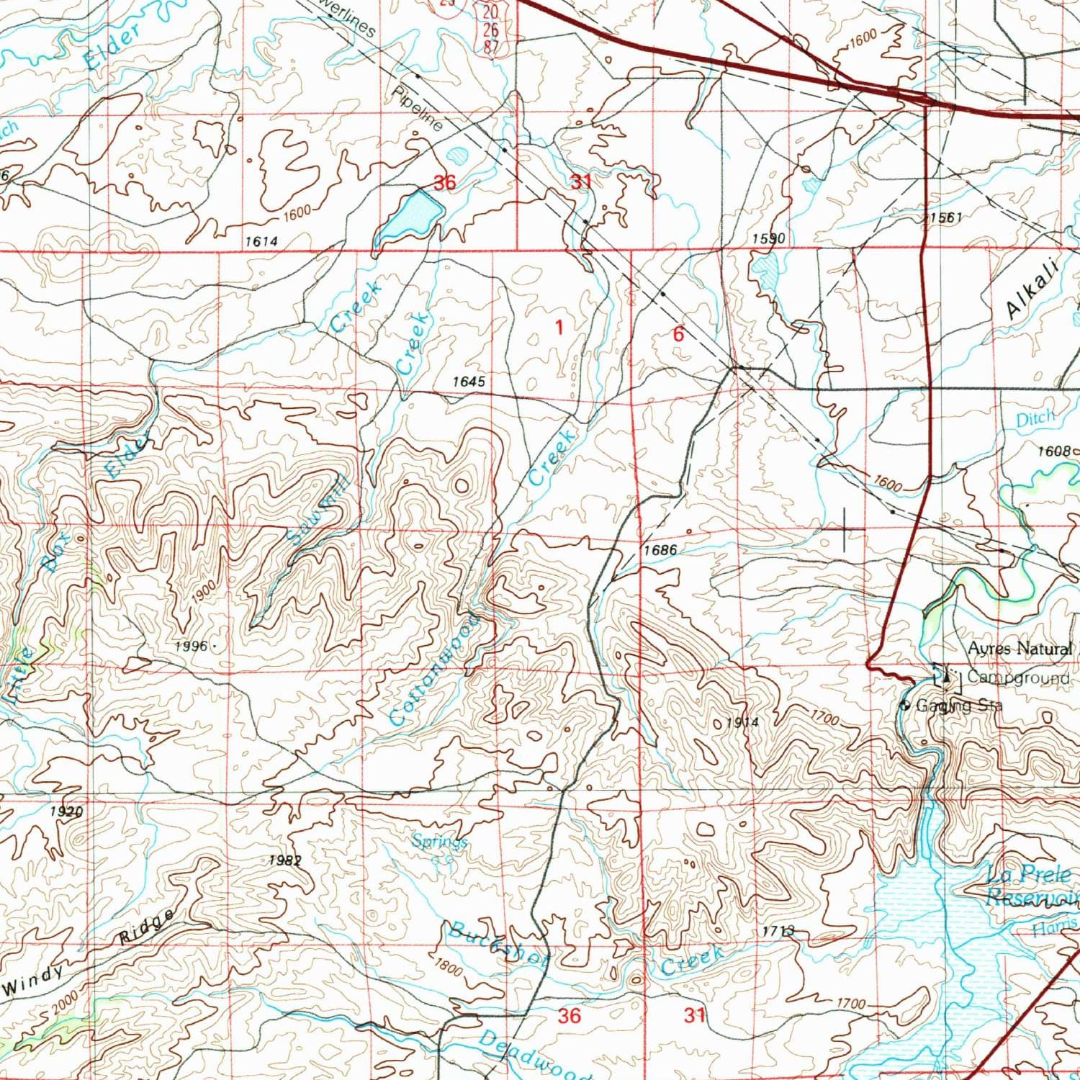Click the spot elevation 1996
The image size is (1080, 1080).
tap(192, 647)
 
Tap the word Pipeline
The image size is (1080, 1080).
tap(418, 109)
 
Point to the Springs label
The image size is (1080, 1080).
tap(440, 841)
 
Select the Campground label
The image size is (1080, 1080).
tap(1018, 678)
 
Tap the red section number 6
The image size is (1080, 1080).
tap(678, 333)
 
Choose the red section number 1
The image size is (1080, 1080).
tap(559, 328)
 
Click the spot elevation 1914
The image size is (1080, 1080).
tap(742, 722)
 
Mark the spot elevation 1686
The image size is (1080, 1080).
tap(660, 550)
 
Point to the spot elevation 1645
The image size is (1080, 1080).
tap(469, 382)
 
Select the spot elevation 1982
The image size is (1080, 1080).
tap(285, 860)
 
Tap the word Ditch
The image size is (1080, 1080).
tap(1035, 418)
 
